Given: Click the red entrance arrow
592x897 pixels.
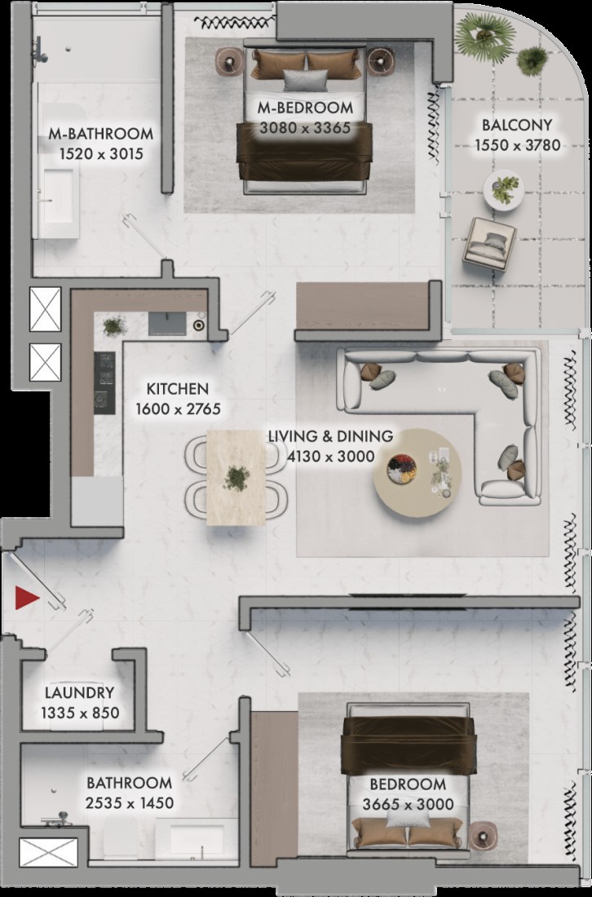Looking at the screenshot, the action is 26,598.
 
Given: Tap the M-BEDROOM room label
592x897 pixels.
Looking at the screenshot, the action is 305,108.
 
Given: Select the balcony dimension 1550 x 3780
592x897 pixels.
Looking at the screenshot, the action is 517,145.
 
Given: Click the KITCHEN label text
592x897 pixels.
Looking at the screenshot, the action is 177,389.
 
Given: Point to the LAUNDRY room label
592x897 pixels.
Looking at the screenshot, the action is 80,693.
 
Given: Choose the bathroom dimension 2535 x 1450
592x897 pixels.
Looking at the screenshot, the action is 130,803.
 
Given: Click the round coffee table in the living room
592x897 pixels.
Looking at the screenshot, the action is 417,472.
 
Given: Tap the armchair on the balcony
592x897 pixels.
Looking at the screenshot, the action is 489,244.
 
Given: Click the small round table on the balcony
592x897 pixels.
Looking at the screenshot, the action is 503,190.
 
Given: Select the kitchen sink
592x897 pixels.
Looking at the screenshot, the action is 167,324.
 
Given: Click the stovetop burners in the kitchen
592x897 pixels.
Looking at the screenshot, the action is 104,382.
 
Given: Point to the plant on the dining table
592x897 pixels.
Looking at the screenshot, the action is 236,478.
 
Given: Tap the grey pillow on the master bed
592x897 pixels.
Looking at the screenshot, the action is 306,80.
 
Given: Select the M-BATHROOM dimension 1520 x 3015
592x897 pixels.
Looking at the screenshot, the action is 101,154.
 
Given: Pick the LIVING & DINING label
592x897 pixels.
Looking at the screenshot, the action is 330,436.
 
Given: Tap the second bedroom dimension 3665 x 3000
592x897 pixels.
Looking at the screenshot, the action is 408,804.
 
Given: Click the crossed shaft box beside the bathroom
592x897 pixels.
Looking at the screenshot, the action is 48,852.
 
